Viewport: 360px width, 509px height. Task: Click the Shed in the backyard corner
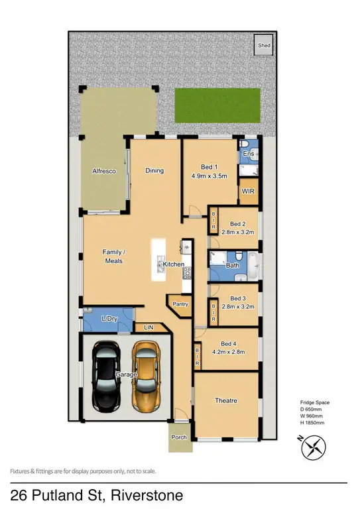[x=264, y=46]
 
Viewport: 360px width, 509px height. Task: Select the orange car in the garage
[x=147, y=375]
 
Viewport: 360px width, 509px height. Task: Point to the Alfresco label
[x=104, y=172]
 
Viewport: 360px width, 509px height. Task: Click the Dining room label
[x=154, y=171]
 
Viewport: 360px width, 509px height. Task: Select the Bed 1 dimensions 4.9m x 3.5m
[x=210, y=176]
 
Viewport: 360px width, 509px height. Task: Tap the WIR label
[x=249, y=192]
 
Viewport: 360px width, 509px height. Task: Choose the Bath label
[x=233, y=265]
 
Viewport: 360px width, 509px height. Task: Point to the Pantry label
[x=180, y=304]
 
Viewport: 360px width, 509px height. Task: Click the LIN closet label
[x=148, y=327]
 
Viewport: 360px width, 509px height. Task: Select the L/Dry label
[x=109, y=319]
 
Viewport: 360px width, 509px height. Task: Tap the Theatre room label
[x=226, y=401]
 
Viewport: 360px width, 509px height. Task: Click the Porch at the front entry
[x=179, y=437]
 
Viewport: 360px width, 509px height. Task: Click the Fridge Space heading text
[x=314, y=402]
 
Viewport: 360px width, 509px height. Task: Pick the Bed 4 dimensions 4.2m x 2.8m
[x=228, y=352]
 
